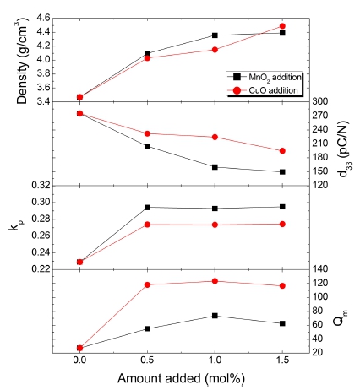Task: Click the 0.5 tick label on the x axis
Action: click(x=147, y=360)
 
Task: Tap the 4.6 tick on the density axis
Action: click(x=39, y=18)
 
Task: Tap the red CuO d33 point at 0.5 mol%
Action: click(x=147, y=133)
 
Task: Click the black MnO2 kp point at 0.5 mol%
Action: click(x=147, y=207)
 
